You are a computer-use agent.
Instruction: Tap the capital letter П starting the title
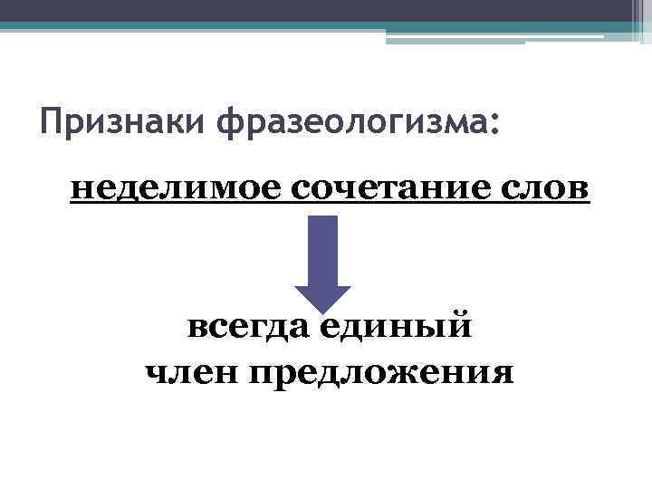52,120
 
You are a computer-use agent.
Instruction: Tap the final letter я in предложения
503,372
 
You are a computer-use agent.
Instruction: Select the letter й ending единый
459,324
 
